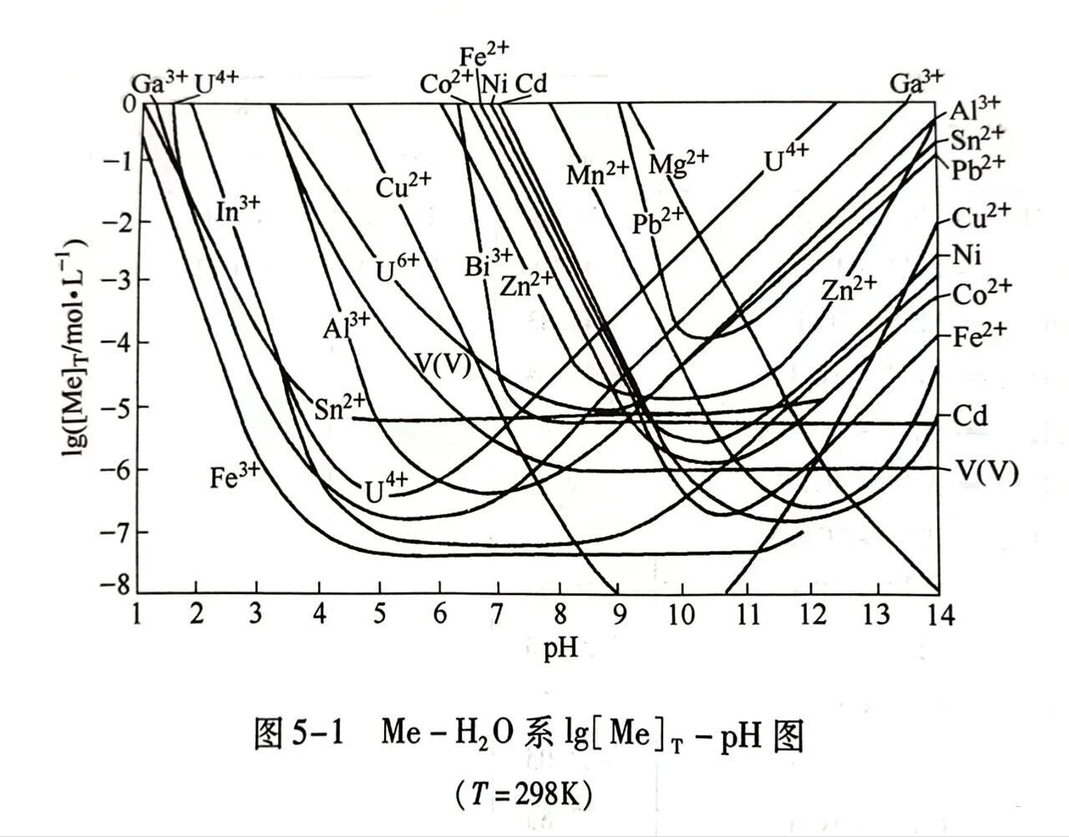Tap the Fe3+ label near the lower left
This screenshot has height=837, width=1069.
[x=235, y=476]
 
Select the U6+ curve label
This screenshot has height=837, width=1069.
[x=397, y=269]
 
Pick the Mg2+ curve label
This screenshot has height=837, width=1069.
[x=678, y=162]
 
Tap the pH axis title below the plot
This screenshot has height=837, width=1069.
[x=560, y=648]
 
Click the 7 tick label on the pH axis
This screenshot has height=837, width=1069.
[x=498, y=615]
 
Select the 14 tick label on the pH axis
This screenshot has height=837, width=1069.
[x=937, y=615]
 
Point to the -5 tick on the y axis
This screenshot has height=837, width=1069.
[x=112, y=406]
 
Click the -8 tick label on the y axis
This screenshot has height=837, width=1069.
[x=112, y=585]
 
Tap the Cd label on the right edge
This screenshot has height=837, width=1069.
[x=970, y=416]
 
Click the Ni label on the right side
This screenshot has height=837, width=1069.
[x=966, y=255]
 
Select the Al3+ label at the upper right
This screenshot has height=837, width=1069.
[x=974, y=108]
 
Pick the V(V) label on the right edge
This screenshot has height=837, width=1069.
[x=985, y=472]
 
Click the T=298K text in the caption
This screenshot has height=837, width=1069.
[x=524, y=794]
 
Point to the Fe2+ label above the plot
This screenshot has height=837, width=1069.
[x=484, y=56]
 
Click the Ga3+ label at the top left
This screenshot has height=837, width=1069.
[x=159, y=83]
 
